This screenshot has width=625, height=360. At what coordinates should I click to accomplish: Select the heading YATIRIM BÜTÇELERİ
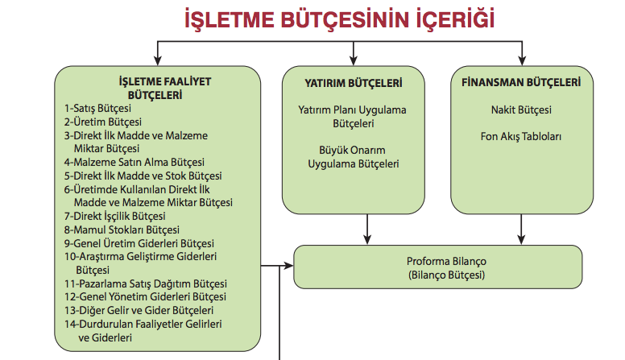(x=354, y=82)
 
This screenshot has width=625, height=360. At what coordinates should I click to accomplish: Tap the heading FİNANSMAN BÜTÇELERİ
(x=522, y=82)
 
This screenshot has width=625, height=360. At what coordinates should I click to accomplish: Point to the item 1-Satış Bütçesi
(x=99, y=107)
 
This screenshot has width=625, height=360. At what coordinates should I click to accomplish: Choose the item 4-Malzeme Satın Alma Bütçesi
(x=135, y=162)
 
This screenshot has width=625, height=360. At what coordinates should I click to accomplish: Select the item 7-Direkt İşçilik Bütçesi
(x=115, y=216)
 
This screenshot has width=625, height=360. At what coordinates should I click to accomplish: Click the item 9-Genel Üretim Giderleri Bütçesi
(x=139, y=243)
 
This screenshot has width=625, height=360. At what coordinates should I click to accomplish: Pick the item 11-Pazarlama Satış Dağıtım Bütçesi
(x=146, y=283)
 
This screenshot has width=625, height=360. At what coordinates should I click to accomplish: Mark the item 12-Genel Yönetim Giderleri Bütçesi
(x=146, y=297)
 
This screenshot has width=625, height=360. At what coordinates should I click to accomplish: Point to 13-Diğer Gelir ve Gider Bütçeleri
(x=139, y=310)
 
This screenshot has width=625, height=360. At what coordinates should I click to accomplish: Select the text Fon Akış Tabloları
(x=522, y=136)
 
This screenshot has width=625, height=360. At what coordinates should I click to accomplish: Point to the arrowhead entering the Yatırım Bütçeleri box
(x=353, y=61)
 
